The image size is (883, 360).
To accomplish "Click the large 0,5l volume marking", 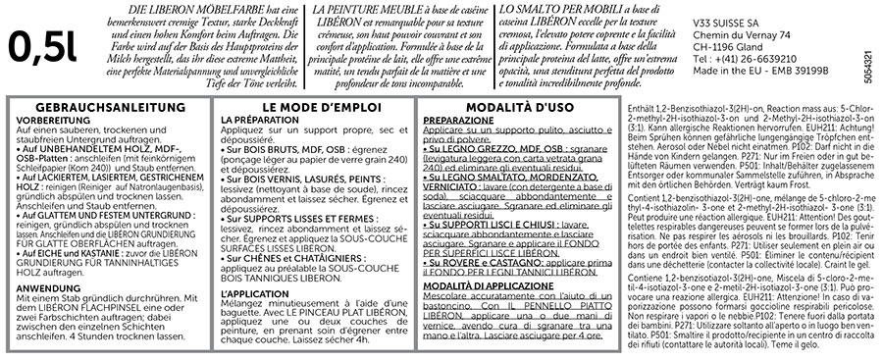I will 42,44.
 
